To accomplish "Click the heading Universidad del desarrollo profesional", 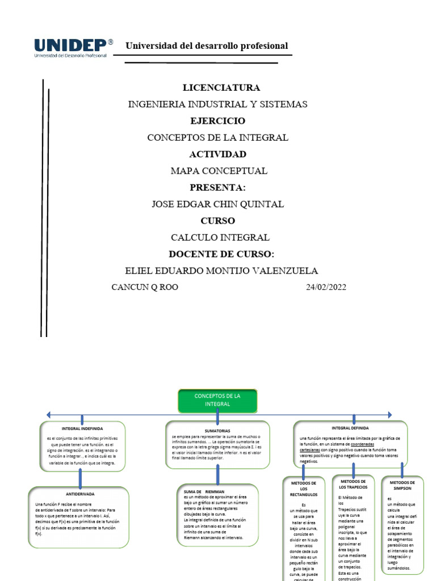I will pyautogui.click(x=207, y=46).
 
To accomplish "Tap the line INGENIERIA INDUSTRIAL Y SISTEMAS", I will pyautogui.click(x=218, y=104).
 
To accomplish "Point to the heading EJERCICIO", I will pyautogui.click(x=217, y=121).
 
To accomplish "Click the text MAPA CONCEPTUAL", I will pyautogui.click(x=219, y=171).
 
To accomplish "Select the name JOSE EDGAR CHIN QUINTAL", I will pyautogui.click(x=218, y=204).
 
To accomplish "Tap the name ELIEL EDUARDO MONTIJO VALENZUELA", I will pyautogui.click(x=221, y=271).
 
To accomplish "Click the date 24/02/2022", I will pyautogui.click(x=325, y=287).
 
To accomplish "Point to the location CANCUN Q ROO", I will pyautogui.click(x=145, y=287).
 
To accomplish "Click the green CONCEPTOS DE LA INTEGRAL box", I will pyautogui.click(x=217, y=400).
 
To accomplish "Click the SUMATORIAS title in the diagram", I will pyautogui.click(x=217, y=431).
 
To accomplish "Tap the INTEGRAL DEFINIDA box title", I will pyautogui.click(x=350, y=428).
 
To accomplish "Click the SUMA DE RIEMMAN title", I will pyautogui.click(x=204, y=491).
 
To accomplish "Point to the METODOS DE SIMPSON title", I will pyautogui.click(x=403, y=485).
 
